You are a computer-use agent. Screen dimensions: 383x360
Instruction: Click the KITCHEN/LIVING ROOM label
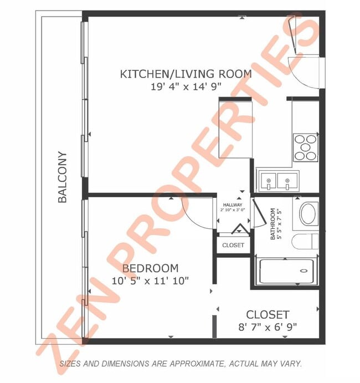186,74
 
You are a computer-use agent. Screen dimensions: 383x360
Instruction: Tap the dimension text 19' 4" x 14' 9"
186,86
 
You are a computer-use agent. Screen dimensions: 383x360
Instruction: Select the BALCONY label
63,177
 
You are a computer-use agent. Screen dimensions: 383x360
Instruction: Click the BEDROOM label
150,268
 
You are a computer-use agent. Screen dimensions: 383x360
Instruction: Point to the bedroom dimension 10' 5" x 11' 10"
150,280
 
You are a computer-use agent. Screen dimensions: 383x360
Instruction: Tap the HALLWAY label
233,205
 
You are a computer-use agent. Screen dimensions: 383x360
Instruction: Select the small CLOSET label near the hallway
233,245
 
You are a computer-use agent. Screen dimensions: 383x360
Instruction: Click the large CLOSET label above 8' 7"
268,314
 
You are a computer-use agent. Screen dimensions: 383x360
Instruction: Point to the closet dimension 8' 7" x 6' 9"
268,326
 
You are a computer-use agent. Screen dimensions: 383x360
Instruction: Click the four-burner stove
305,147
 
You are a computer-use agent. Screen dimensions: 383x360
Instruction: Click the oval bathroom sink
308,213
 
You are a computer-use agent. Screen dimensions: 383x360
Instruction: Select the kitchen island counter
236,127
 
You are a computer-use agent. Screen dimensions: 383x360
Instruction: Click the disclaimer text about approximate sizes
181,364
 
